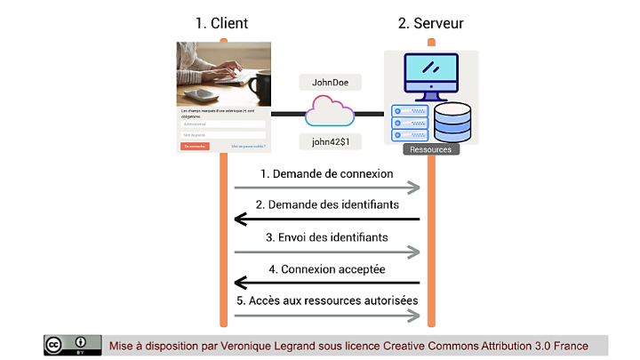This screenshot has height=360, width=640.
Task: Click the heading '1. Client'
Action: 221,23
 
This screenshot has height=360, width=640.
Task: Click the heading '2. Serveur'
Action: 430,23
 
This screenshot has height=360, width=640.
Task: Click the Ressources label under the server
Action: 431,149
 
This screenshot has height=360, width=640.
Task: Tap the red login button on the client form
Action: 195,146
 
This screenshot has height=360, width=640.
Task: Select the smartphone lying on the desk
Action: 202,94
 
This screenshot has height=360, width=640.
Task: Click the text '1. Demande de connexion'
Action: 326,173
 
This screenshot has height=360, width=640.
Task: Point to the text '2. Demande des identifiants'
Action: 326,205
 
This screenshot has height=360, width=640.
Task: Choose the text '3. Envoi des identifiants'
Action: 326,237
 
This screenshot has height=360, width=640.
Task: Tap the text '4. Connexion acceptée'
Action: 326,268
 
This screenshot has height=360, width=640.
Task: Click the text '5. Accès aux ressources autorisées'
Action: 326,300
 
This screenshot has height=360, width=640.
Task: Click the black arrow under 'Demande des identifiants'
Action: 326,220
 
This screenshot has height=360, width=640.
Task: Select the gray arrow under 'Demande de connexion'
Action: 326,188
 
